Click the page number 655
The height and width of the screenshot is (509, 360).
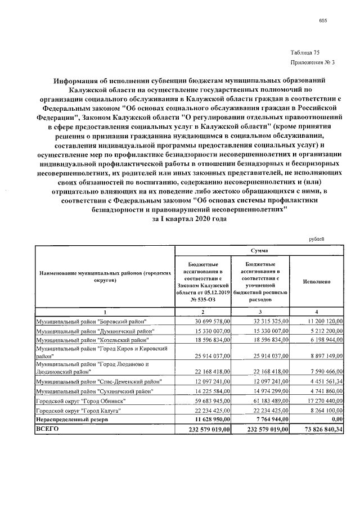[322, 21]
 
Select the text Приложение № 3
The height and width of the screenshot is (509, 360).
[306, 62]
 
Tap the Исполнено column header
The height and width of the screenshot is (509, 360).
[316, 281]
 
